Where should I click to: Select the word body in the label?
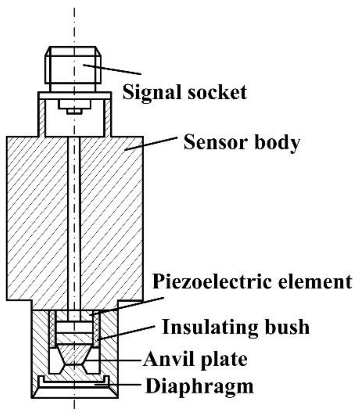point(277,143)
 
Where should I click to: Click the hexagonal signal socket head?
point(73,65)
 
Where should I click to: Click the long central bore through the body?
point(74,223)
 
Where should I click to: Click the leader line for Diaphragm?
point(119,385)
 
